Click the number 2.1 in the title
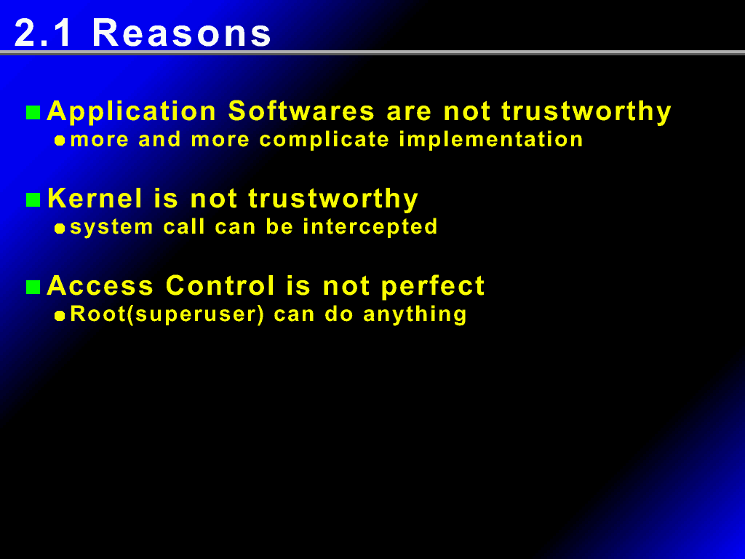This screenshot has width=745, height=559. point(43,33)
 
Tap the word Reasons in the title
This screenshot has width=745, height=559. point(181,33)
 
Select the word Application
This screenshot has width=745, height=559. point(132,112)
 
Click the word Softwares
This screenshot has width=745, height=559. point(301,111)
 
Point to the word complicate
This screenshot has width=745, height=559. point(324,140)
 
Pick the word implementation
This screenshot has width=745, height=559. point(491,140)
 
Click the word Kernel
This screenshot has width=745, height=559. point(95,198)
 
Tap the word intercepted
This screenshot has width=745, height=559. point(370,227)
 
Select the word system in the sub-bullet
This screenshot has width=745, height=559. point(111,228)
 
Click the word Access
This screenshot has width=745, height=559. point(100,285)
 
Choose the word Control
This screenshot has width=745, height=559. point(220,285)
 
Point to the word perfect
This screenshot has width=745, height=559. point(432,287)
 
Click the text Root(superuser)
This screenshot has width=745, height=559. point(167,314)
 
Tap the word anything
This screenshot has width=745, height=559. point(415,315)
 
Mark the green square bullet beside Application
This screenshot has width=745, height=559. point(33,113)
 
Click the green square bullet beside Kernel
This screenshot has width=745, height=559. point(33,200)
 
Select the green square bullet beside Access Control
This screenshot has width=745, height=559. point(33,287)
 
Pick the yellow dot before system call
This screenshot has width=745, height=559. point(60,229)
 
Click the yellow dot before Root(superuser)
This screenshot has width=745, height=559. point(60,316)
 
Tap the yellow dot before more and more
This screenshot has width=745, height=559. point(60,140)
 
